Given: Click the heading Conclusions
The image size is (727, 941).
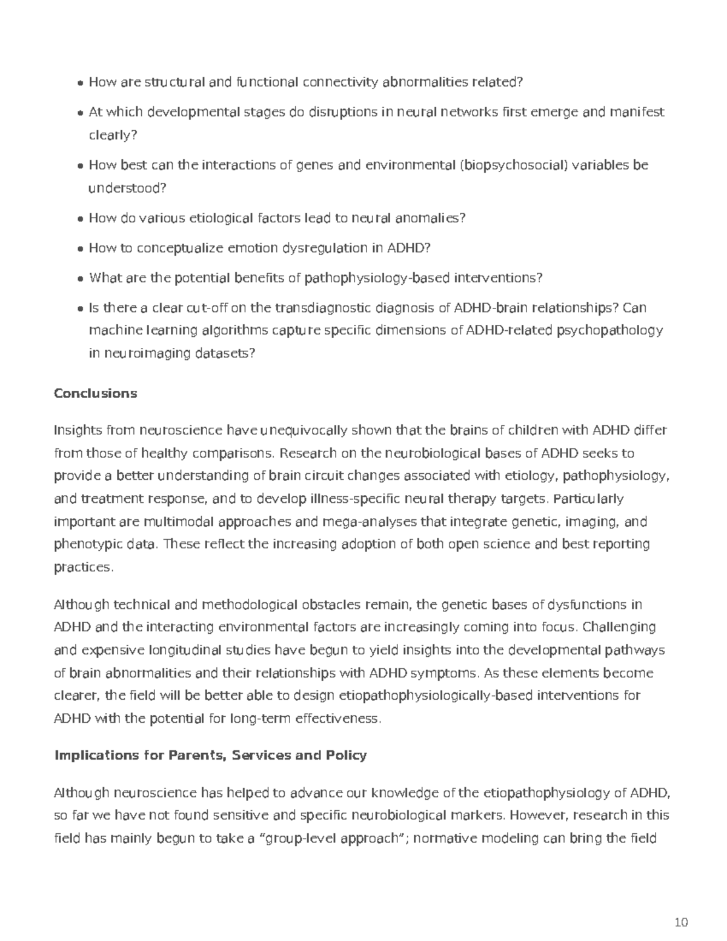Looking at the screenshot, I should click(x=95, y=393).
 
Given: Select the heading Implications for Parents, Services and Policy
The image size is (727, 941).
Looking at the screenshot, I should click(x=210, y=755).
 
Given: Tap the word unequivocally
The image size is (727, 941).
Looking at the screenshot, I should click(x=304, y=431).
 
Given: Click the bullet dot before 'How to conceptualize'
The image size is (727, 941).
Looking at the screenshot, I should click(x=81, y=249).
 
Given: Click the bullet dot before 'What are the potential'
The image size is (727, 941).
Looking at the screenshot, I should click(x=81, y=279).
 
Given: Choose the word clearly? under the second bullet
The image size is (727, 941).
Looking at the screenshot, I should click(x=113, y=135).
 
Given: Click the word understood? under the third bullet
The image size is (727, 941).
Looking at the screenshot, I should click(x=127, y=188).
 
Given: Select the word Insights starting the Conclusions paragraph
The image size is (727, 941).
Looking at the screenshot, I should click(x=78, y=431).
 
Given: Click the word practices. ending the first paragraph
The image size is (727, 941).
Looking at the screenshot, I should click(x=84, y=568).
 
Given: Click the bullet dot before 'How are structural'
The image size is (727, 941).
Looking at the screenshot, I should click(x=81, y=83).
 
